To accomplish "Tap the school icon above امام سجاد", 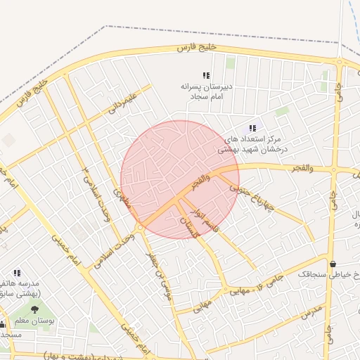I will [x=206, y=75].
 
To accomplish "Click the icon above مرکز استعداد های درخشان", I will [x=252, y=129].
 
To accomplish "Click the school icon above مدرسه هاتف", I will [x=17, y=273].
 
